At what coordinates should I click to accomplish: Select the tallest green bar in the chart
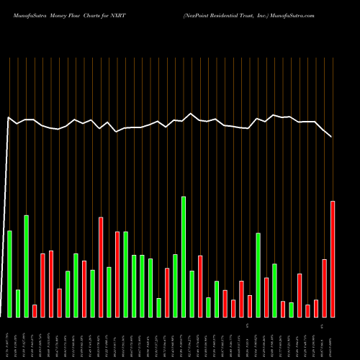pyautogui.click(x=184, y=256)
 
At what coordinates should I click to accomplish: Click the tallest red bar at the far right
pyautogui.click(x=333, y=259)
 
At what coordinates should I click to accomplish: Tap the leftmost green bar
pyautogui.click(x=9, y=274)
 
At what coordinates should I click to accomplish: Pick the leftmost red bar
pyautogui.click(x=35, y=311)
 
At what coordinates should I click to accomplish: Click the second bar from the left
pyautogui.click(x=18, y=303)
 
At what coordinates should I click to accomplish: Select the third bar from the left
pyautogui.click(x=27, y=266)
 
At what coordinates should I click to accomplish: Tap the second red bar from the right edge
pyautogui.click(x=325, y=288)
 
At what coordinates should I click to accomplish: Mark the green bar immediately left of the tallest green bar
pyautogui.click(x=175, y=285)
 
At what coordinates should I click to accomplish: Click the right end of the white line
pyautogui.click(x=332, y=136)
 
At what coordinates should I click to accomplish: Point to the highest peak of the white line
pyautogui.click(x=191, y=113)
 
